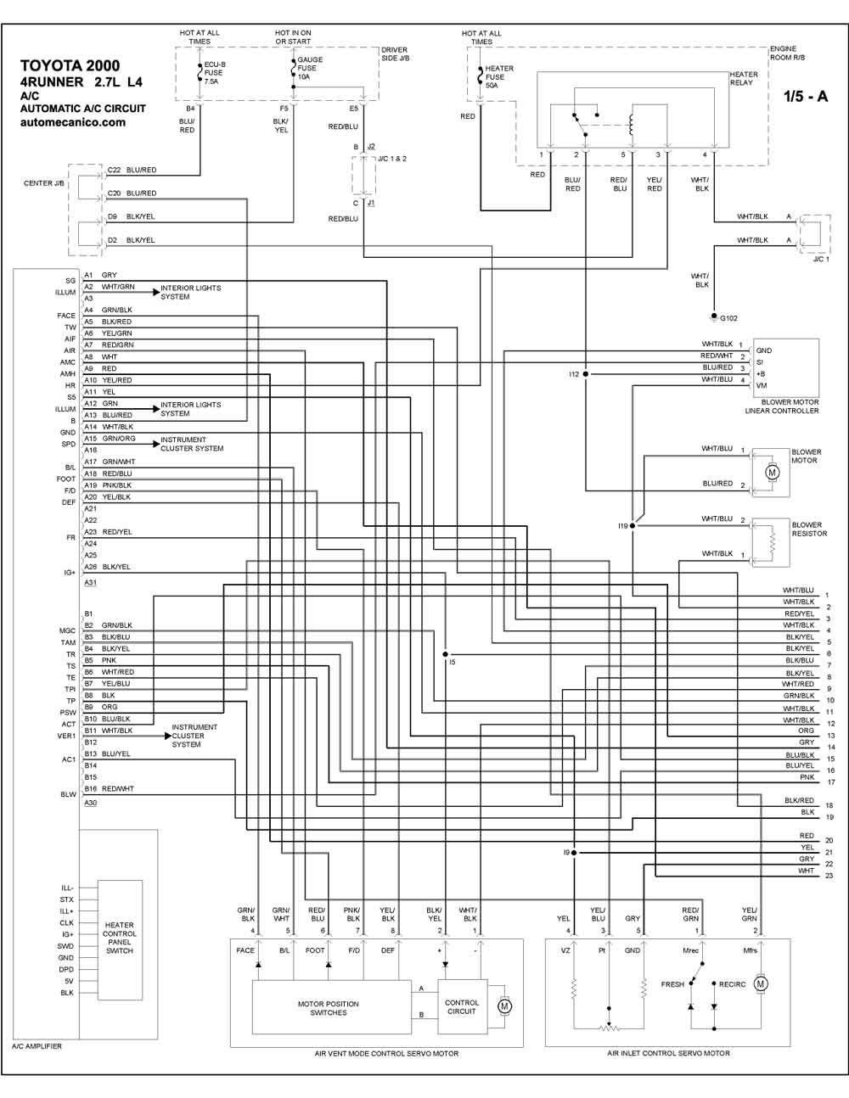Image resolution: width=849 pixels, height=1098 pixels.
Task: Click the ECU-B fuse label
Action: [x=215, y=73]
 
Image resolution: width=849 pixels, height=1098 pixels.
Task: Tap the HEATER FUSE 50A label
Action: [x=499, y=77]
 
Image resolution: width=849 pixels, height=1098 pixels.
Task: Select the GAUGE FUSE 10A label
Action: [x=310, y=68]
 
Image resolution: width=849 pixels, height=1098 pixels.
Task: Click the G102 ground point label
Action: [x=728, y=318]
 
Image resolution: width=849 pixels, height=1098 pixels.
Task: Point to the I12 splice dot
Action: [x=585, y=374]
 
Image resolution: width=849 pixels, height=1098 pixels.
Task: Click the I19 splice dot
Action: [x=633, y=526]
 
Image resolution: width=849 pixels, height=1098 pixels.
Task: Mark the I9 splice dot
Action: [x=574, y=853]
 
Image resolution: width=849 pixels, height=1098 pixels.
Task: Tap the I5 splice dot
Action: [x=445, y=654]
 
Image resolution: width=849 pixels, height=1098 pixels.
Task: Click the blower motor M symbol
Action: [x=772, y=473]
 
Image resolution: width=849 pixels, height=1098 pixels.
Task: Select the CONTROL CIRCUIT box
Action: [x=462, y=1006]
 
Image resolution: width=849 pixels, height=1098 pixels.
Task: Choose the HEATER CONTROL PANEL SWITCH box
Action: [x=120, y=940]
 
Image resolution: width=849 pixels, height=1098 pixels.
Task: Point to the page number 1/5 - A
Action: [x=806, y=96]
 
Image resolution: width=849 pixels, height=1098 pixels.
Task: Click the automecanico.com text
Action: [x=73, y=122]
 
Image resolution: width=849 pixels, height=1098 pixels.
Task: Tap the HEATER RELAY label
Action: [x=744, y=78]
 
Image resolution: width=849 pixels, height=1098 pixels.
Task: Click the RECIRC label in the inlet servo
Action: [x=732, y=984]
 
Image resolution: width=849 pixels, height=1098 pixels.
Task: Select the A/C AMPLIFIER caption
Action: [x=37, y=1046]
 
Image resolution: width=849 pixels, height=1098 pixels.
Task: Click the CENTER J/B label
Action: [x=44, y=183]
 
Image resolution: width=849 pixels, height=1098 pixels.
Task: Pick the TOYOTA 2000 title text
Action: [x=70, y=65]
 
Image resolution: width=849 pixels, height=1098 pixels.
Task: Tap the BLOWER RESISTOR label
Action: [x=809, y=529]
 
